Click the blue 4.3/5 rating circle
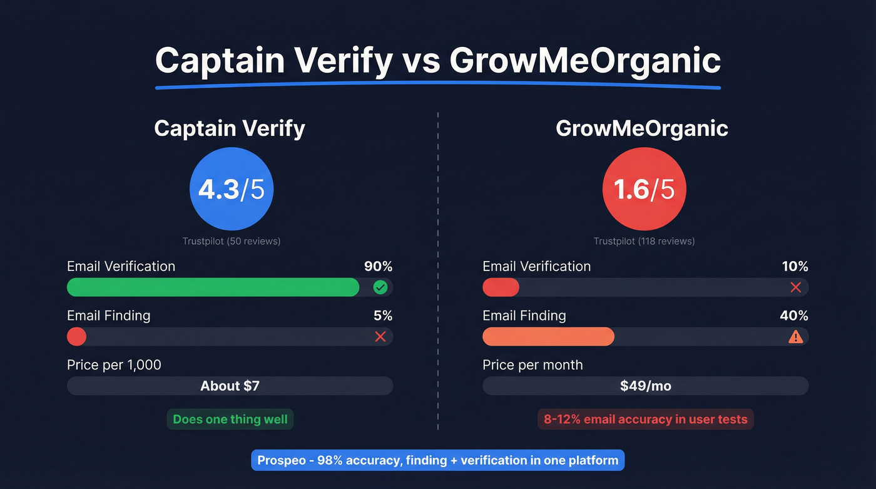click(x=232, y=189)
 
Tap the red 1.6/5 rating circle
click(x=644, y=189)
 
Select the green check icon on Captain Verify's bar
click(x=380, y=287)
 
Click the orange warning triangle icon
click(x=795, y=337)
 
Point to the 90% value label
click(x=378, y=266)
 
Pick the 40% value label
click(x=794, y=316)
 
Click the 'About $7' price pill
click(x=230, y=386)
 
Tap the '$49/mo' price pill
click(x=645, y=386)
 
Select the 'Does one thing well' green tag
click(x=230, y=420)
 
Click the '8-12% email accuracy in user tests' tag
click(x=645, y=420)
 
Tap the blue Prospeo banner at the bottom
click(x=438, y=461)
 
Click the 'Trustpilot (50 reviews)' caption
click(x=232, y=241)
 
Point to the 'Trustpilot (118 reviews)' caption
click(x=644, y=241)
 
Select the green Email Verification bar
click(x=213, y=287)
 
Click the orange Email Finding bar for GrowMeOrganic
click(x=548, y=337)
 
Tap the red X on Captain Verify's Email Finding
click(x=380, y=337)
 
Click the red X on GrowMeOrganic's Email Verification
click(x=795, y=287)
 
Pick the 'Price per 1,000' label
click(x=114, y=365)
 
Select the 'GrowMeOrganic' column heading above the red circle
click(x=642, y=128)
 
